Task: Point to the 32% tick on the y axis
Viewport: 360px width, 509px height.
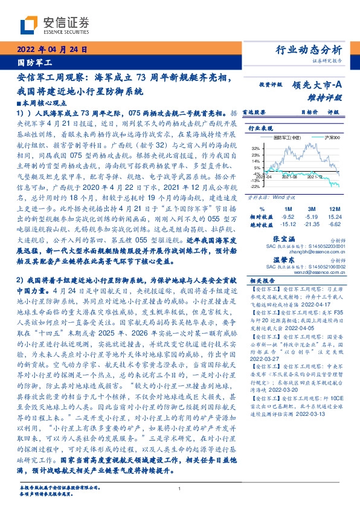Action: tap(256, 148)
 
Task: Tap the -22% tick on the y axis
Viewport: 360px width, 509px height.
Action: tap(255, 186)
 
